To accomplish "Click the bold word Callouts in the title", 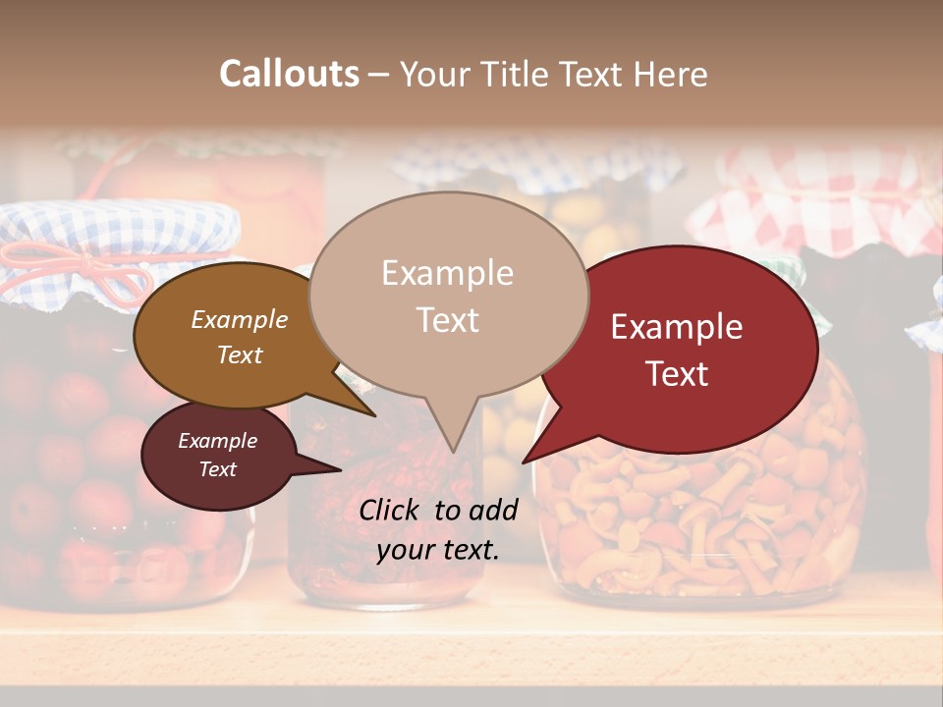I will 289,74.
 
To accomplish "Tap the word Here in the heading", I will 671,75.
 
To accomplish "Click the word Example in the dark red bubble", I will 677,327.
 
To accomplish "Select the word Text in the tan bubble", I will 448,320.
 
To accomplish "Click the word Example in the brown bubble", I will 240,320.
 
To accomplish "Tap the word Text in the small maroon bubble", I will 218,469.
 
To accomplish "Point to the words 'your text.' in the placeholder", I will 438,550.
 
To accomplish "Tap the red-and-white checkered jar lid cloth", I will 825,211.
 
